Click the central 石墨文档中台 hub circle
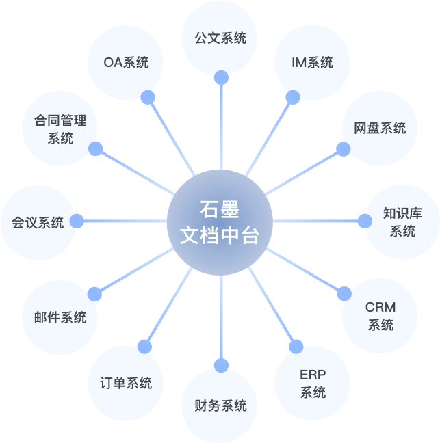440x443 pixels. [220, 222]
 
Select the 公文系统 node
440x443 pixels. [220, 38]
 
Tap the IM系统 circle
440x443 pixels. [312, 62]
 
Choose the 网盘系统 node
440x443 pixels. [380, 128]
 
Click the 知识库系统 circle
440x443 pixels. [402, 221]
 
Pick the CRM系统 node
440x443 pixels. [380, 315]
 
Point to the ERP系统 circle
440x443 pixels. [312, 383]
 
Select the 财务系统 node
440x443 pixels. [220, 405]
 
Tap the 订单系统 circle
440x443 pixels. [127, 383]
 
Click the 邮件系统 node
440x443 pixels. [60, 317]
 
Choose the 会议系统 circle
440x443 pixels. [38, 222]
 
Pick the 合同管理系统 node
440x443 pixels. [60, 129]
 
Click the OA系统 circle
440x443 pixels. [127, 62]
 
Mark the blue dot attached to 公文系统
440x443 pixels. [220, 77]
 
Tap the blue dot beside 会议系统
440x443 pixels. [77, 221]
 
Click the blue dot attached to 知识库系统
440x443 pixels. [364, 221]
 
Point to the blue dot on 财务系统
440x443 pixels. [220, 365]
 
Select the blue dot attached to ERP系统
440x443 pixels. [296, 347]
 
